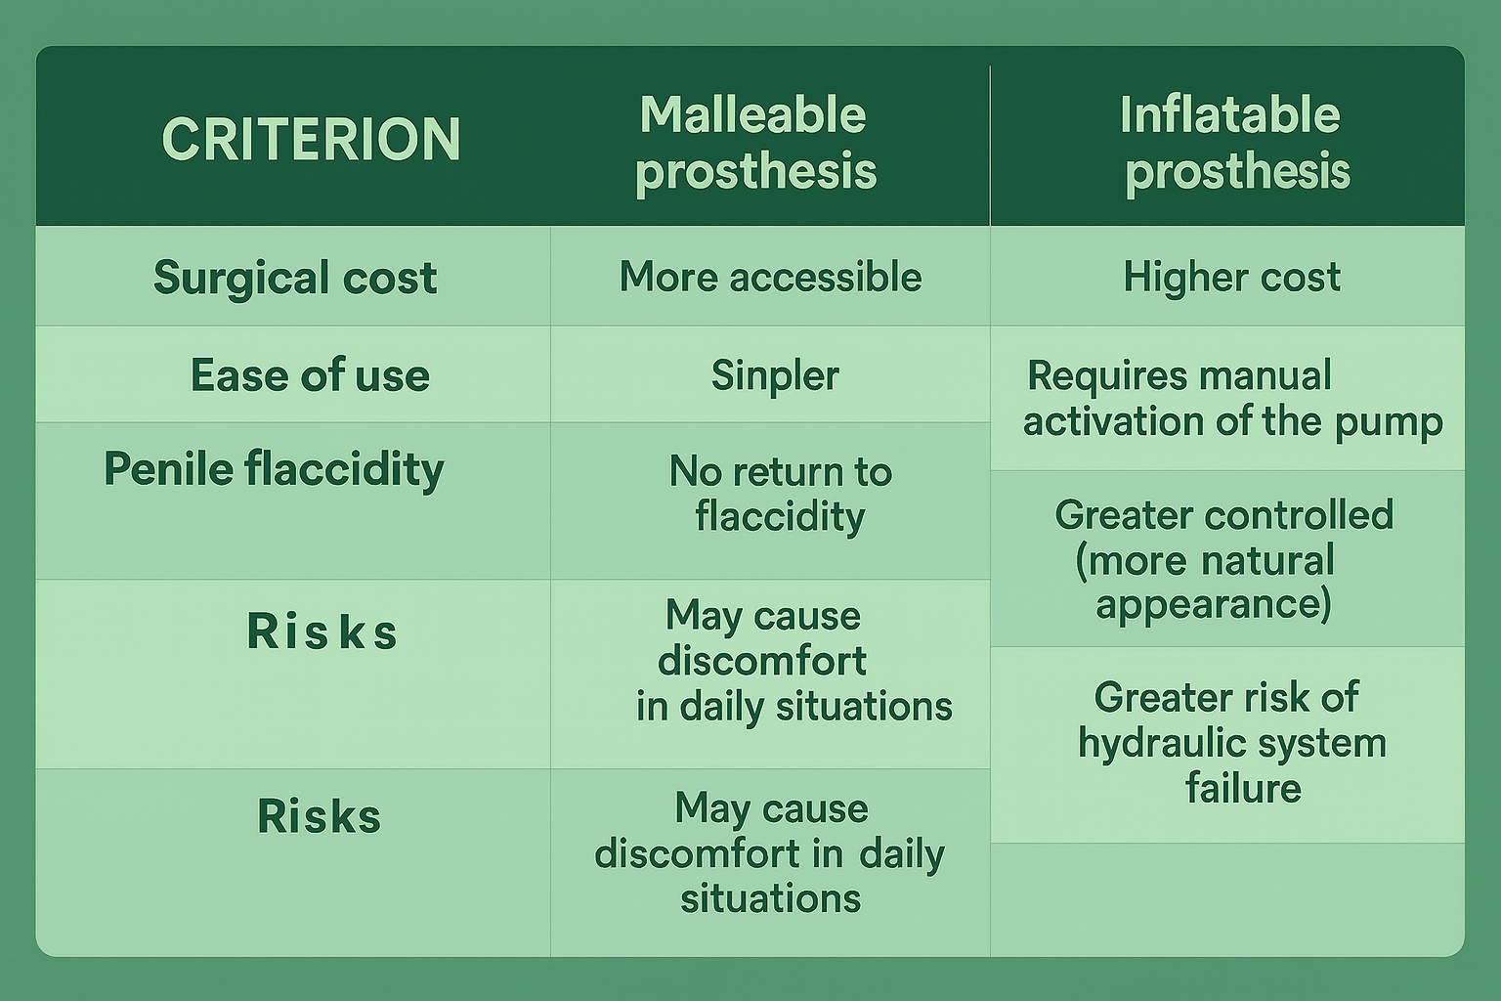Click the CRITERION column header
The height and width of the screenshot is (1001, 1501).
(311, 139)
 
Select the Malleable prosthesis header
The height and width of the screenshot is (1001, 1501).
(754, 144)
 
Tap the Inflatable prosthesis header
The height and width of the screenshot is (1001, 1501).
(1233, 144)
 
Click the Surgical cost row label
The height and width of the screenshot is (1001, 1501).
(294, 278)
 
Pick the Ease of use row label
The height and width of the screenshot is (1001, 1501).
(309, 375)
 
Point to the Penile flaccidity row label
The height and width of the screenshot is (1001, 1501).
(274, 469)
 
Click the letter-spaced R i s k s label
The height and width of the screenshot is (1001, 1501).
(322, 631)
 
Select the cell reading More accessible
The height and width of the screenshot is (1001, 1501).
(770, 278)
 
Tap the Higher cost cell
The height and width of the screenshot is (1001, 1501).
(1231, 278)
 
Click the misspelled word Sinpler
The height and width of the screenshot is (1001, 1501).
(774, 375)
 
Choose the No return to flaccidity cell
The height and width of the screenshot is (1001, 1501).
(780, 495)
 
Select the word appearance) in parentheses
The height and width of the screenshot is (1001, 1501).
(1213, 604)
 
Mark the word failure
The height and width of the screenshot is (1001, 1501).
(1242, 788)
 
